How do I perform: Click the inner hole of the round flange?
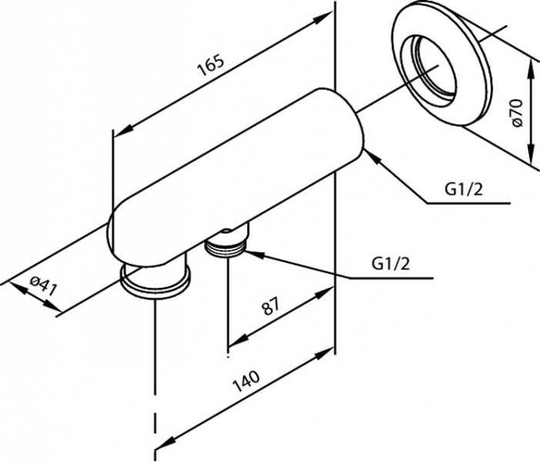(437, 66)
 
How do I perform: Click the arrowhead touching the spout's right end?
(371, 155)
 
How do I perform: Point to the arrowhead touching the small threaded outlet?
(253, 252)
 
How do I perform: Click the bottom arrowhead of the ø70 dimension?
(533, 160)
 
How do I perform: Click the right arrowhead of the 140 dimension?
(328, 354)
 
